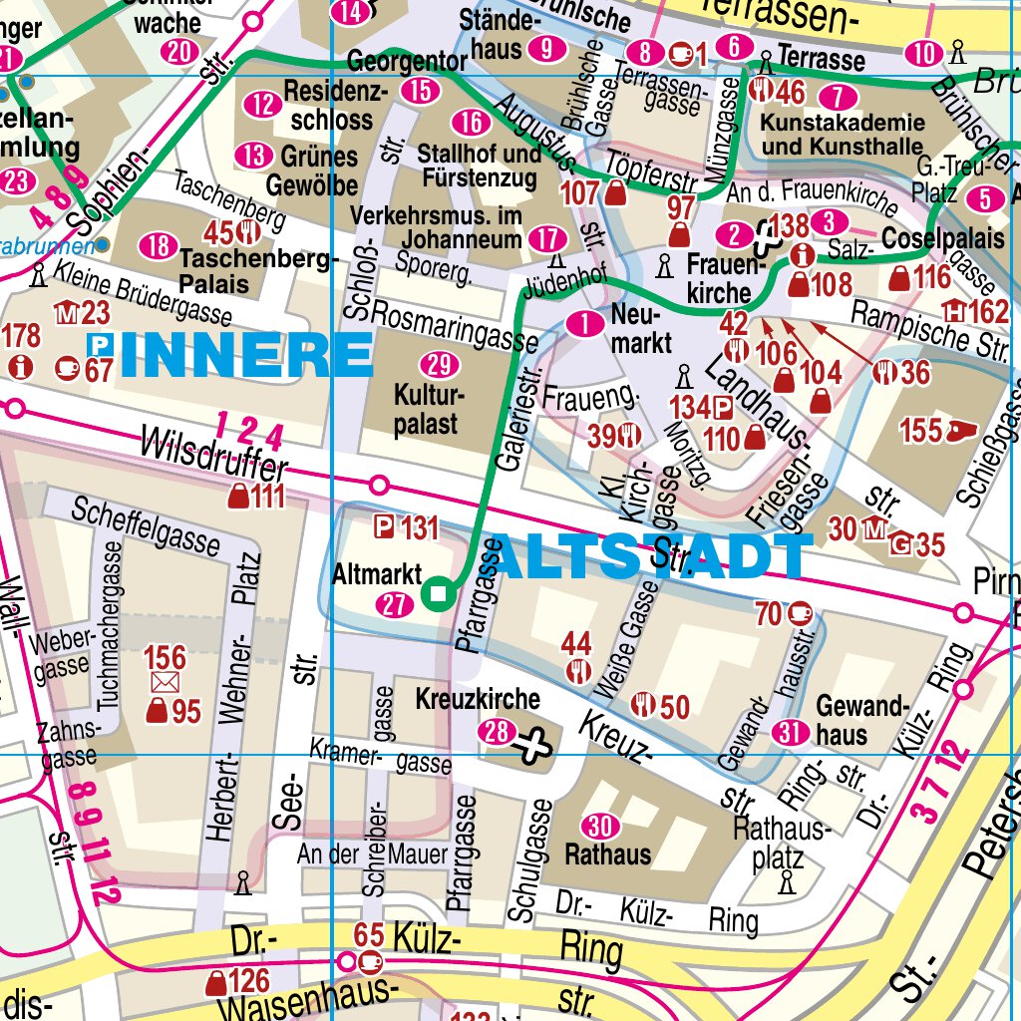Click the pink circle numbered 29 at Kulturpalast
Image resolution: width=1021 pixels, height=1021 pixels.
434,363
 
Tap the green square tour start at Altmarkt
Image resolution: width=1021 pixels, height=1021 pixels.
437,595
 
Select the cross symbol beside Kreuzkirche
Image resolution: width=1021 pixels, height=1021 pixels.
534,742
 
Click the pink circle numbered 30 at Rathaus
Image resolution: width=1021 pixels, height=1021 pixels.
599,826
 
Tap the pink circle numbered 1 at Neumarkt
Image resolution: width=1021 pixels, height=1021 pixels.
584,323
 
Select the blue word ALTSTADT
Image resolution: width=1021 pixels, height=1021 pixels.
649,558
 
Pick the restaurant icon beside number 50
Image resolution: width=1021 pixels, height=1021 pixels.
643,705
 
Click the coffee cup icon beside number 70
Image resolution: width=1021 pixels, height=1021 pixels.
800,614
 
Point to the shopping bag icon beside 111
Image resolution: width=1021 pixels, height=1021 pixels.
239,496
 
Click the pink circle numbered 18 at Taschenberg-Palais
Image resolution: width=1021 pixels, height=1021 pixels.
158,245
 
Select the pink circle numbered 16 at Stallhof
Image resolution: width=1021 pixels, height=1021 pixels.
470,123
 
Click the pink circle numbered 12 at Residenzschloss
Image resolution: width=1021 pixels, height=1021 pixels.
263,104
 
